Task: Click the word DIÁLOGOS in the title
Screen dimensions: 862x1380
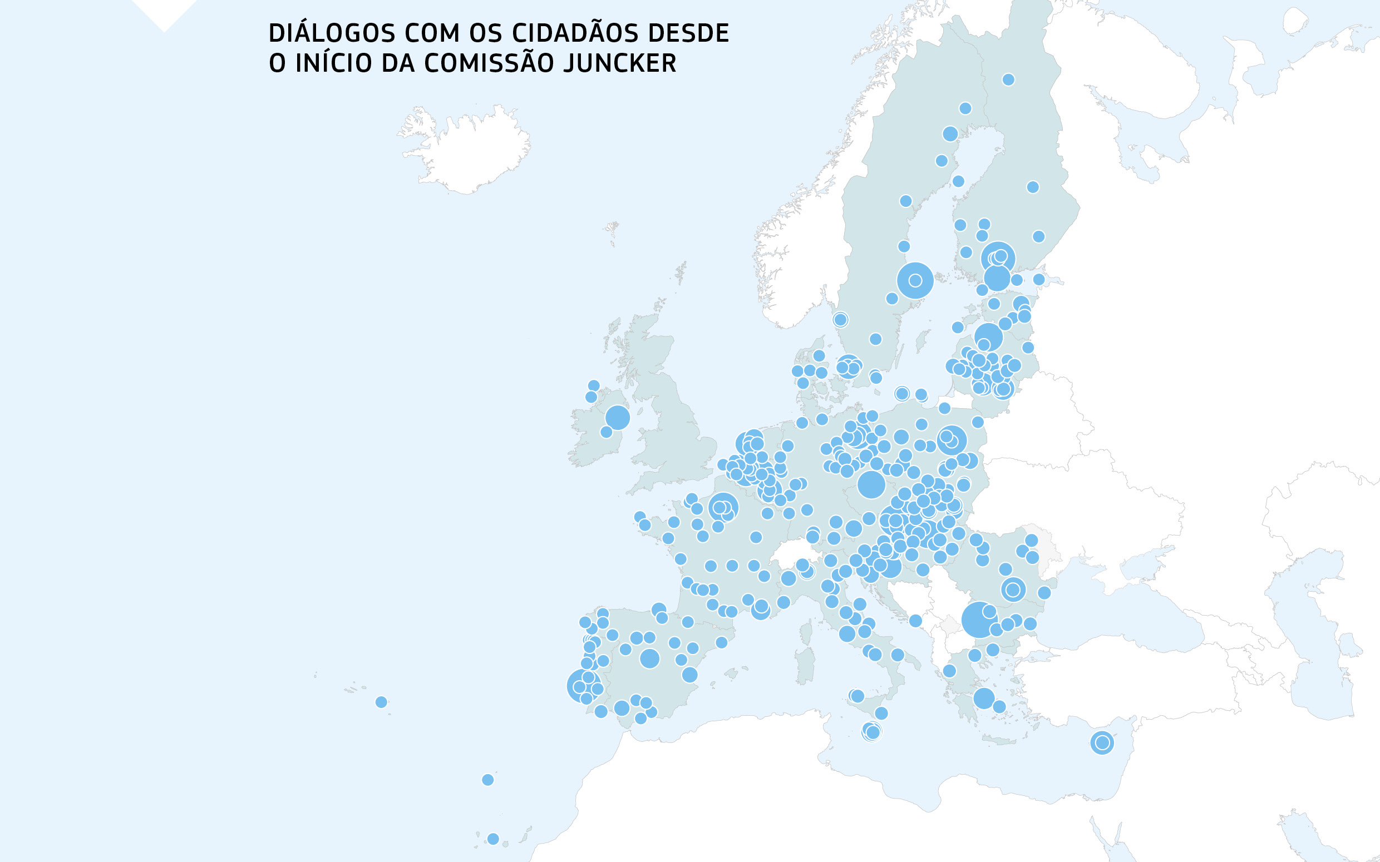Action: (x=331, y=33)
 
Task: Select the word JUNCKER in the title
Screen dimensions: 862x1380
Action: (x=619, y=63)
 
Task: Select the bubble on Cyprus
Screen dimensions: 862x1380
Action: (x=1102, y=742)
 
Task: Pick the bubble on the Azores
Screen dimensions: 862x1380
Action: (x=382, y=702)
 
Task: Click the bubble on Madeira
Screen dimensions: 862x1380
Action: (x=487, y=779)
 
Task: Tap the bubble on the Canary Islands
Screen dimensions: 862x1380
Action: (x=493, y=839)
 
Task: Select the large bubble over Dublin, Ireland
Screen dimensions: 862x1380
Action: (x=617, y=417)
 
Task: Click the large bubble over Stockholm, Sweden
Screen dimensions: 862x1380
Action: (x=915, y=280)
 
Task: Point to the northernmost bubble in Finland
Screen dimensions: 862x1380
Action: (x=1008, y=79)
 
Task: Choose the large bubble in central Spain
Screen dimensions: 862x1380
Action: (x=649, y=658)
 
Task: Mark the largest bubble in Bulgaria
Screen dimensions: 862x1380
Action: (x=979, y=620)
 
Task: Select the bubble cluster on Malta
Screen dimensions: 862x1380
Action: (x=871, y=731)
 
